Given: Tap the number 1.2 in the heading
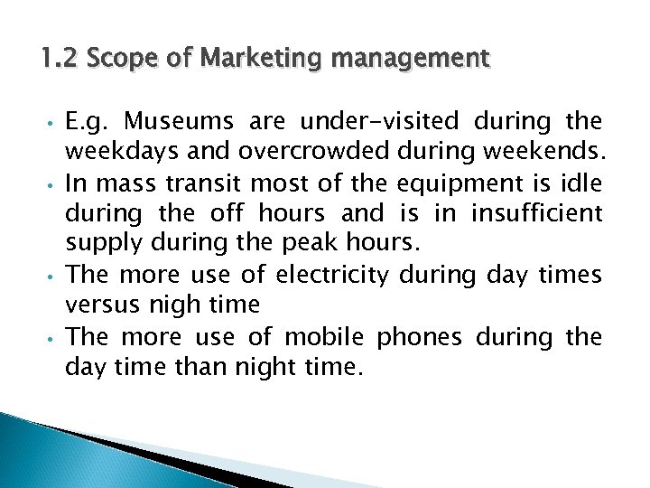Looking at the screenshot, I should [x=59, y=61].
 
